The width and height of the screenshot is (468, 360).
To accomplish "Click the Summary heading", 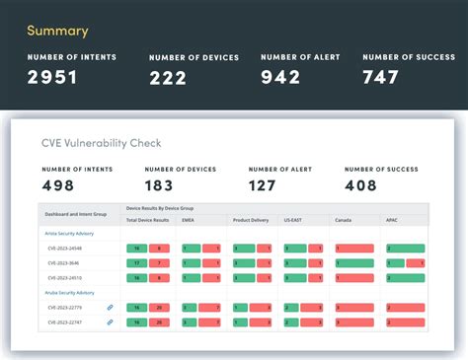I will click(57, 31).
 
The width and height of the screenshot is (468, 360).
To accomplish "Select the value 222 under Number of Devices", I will click(168, 78).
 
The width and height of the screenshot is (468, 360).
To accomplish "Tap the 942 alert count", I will click(280, 77).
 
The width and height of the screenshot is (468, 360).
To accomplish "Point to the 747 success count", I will click(381, 77).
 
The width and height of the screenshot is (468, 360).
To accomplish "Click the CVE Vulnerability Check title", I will click(102, 143).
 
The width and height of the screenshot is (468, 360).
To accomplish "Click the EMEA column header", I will click(188, 220).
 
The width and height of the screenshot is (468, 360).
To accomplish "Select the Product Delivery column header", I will click(251, 220).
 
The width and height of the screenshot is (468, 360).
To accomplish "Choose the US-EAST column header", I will click(293, 220).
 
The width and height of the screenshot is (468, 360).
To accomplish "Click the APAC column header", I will click(392, 220).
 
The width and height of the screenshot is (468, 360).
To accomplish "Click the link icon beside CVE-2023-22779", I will click(110, 308).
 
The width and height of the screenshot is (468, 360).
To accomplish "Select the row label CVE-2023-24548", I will click(65, 248).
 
